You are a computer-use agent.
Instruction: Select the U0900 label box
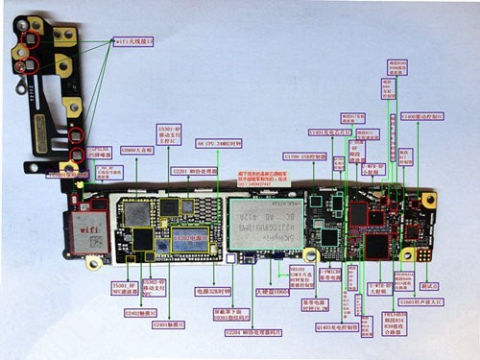(133, 151)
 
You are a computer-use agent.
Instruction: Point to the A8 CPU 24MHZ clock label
(220, 142)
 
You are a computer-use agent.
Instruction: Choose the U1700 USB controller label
(305, 155)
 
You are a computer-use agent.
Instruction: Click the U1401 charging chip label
(328, 132)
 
